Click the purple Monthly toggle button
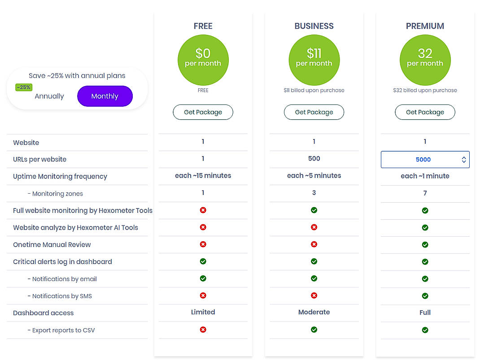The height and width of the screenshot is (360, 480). (x=105, y=96)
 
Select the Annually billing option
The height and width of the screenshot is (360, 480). (x=49, y=96)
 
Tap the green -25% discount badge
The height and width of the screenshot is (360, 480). (x=24, y=87)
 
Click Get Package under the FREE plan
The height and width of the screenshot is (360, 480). (x=203, y=112)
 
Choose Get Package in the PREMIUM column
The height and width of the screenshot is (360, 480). (x=425, y=112)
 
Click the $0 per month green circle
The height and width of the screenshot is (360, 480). (x=203, y=60)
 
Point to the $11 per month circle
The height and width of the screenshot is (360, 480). (x=314, y=60)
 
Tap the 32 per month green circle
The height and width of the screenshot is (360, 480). (x=425, y=60)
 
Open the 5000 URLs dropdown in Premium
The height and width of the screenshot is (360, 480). (x=425, y=160)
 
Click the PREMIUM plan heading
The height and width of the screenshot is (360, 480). (x=425, y=26)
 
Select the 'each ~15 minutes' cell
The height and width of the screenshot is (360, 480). (x=203, y=176)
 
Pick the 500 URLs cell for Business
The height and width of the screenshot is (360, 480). (x=314, y=159)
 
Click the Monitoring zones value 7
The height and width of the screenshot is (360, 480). (x=425, y=193)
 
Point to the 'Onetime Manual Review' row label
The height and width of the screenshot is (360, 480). (x=52, y=245)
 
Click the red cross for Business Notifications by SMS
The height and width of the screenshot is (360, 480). (x=314, y=295)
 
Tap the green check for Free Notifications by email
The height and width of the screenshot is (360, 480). (x=203, y=278)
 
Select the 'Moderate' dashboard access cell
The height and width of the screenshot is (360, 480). (x=314, y=312)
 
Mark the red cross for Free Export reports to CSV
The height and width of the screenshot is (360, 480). (x=203, y=330)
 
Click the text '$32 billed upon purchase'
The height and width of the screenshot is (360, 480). (x=425, y=90)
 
